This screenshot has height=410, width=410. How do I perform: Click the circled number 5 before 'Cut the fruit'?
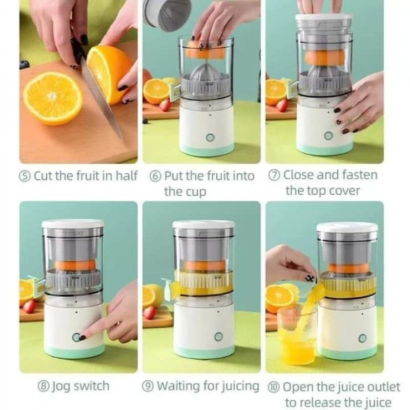click(x=25, y=176)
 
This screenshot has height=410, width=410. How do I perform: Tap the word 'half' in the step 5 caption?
click(x=127, y=176)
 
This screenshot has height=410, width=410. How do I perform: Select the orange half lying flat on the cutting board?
click(x=53, y=98)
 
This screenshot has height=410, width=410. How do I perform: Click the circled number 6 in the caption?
click(x=156, y=176)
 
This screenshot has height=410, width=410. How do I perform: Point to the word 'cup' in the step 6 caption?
click(x=197, y=192)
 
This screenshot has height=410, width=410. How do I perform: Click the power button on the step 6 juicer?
click(x=210, y=138)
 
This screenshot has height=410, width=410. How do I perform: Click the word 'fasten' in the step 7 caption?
click(x=356, y=175)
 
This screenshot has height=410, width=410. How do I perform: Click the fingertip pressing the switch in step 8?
click(x=83, y=337)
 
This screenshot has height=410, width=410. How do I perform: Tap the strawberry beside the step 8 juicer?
click(x=29, y=306)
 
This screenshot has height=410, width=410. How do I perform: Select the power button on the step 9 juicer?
click(x=219, y=337)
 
